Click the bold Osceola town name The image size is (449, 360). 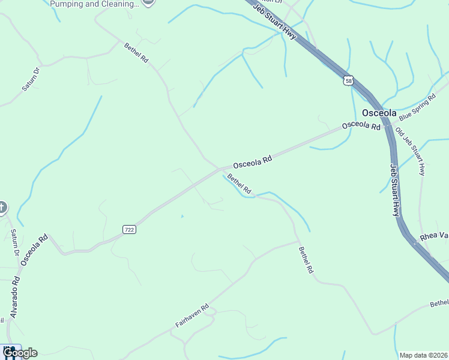point(379,113)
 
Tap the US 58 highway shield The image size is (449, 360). point(349,80)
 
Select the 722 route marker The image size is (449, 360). point(129,229)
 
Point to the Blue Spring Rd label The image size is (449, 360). point(417,107)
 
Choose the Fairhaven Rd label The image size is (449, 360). point(192,315)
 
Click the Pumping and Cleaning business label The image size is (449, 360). point(94,4)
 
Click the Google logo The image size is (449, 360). point(19,353)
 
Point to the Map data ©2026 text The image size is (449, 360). point(423,355)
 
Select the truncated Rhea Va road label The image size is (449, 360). point(434,236)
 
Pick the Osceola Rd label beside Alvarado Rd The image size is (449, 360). point(34,250)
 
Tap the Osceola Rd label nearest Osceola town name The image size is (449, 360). point(361,126)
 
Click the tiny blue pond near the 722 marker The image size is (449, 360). point(182,216)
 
